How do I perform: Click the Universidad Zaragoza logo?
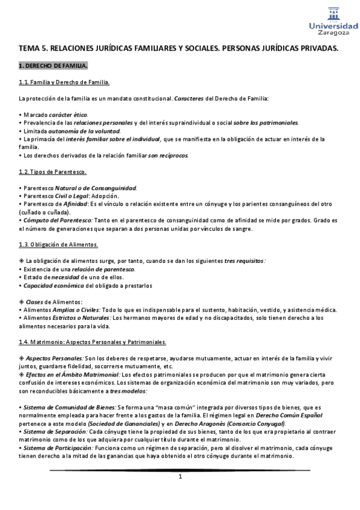click(x=333, y=22)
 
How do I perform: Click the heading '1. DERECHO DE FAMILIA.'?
click(x=53, y=65)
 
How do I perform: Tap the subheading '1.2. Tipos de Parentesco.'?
click(x=53, y=172)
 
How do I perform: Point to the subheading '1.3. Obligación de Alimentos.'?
click(x=58, y=245)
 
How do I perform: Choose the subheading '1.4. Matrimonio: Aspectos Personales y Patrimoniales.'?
click(x=93, y=342)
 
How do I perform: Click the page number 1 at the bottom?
click(x=180, y=477)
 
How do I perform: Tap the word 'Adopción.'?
click(x=106, y=196)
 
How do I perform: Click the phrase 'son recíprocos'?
click(x=168, y=155)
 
